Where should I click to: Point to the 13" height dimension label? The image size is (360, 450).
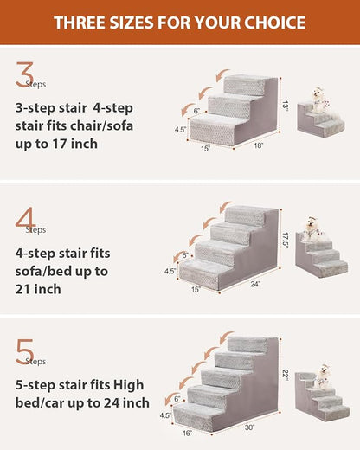[x=286, y=105]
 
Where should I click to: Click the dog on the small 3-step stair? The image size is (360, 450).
[x=321, y=100]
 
